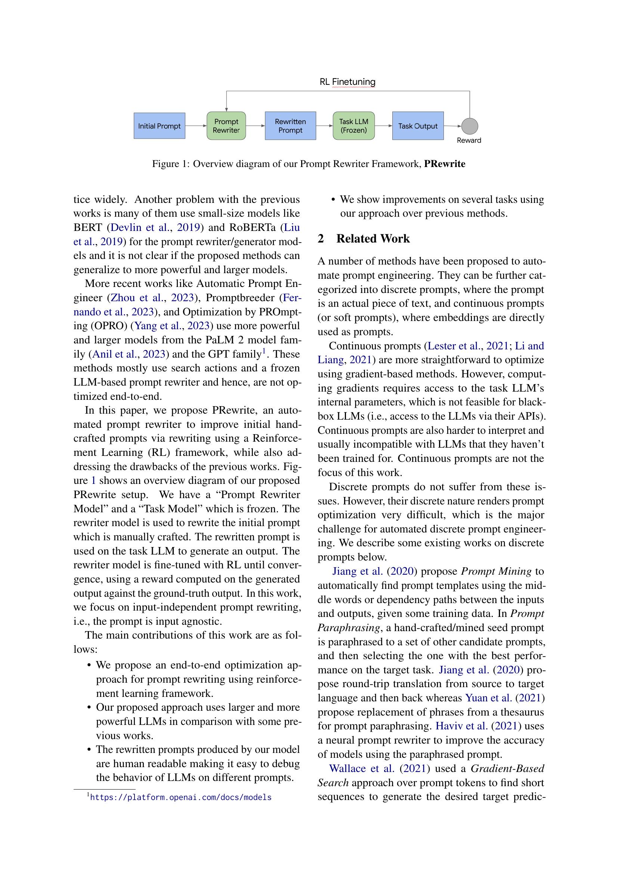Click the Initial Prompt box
[159, 126]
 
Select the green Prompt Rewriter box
[226, 126]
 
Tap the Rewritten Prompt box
[290, 126]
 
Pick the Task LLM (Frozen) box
[353, 126]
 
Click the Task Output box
[418, 126]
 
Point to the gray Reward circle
[470, 126]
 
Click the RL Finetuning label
[347, 81]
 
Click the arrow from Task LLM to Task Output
[383, 126]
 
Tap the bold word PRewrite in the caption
[445, 164]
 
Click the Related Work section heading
[373, 238]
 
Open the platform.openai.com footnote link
[181, 797]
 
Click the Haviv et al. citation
[461, 726]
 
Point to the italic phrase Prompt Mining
[496, 571]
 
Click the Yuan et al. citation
[488, 698]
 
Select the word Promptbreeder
[240, 298]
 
